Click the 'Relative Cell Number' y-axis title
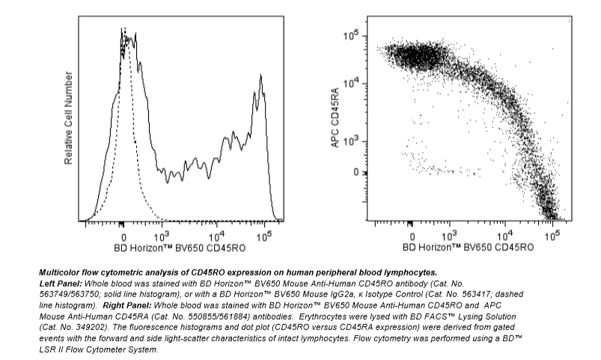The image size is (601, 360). coord(68,118)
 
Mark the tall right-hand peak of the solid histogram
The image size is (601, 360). coord(260,76)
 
